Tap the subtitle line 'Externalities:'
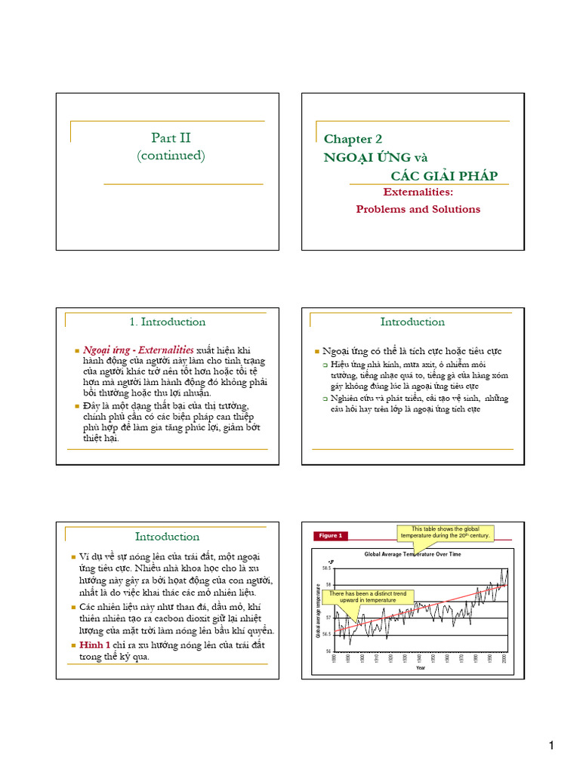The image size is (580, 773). [418, 192]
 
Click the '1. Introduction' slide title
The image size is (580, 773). [167, 322]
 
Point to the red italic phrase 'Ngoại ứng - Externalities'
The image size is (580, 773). [137, 350]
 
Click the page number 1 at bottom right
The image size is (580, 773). [551, 746]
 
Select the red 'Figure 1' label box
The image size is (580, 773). [330, 536]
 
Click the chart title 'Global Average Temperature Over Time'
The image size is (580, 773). [412, 554]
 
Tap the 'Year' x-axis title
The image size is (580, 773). [421, 667]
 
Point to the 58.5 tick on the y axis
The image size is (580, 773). [327, 567]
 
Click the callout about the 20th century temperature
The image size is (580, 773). [446, 532]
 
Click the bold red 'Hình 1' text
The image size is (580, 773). [95, 645]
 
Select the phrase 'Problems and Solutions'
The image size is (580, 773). [418, 209]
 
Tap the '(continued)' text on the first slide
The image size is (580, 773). [171, 156]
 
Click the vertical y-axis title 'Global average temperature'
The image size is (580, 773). [318, 610]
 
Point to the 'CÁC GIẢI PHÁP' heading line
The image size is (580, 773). [444, 176]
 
